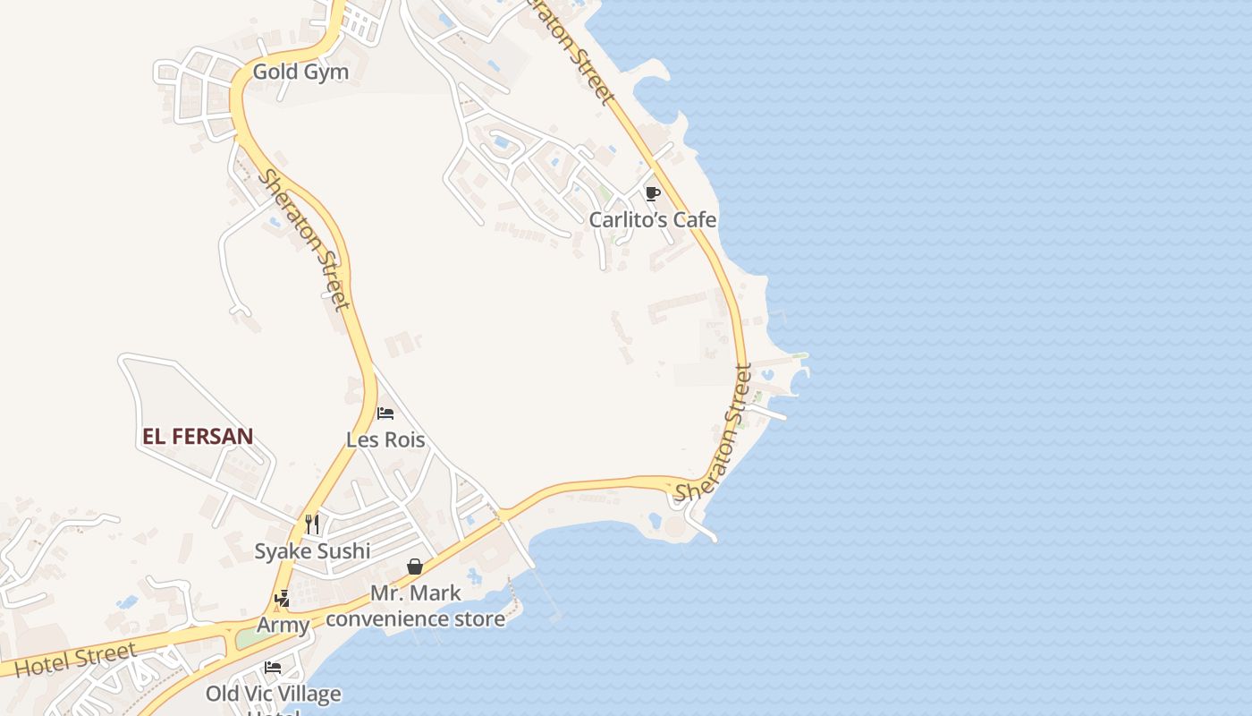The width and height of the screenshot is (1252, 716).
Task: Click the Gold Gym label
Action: click(300, 72)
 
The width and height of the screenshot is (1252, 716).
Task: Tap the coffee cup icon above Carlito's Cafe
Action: click(652, 193)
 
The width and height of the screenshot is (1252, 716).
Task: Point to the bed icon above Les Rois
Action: click(385, 413)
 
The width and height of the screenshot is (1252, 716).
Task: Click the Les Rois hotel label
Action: click(385, 439)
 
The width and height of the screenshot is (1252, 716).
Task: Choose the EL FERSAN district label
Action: click(198, 437)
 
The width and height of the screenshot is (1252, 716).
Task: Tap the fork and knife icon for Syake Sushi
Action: click(311, 524)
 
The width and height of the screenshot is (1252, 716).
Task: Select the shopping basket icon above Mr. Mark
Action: click(415, 566)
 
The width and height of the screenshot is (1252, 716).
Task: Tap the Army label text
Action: click(283, 625)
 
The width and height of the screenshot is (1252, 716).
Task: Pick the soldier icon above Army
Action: click(283, 598)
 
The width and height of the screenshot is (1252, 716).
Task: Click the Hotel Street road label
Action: click(76, 659)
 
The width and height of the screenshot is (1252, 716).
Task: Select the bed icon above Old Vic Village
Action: click(273, 668)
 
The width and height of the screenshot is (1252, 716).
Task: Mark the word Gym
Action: click(328, 72)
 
